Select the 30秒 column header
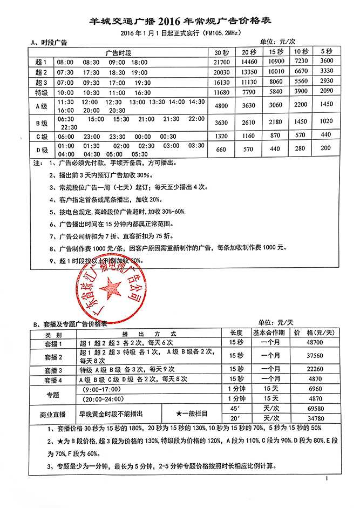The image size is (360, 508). (x=222, y=53)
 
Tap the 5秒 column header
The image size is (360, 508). (x=326, y=52)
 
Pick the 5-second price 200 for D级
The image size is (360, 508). (x=326, y=148)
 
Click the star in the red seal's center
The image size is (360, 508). (x=112, y=288)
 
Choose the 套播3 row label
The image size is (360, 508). (x=53, y=370)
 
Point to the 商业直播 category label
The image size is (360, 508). (x=53, y=414)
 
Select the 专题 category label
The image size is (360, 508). (x=53, y=394)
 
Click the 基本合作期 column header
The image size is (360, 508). (x=269, y=333)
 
